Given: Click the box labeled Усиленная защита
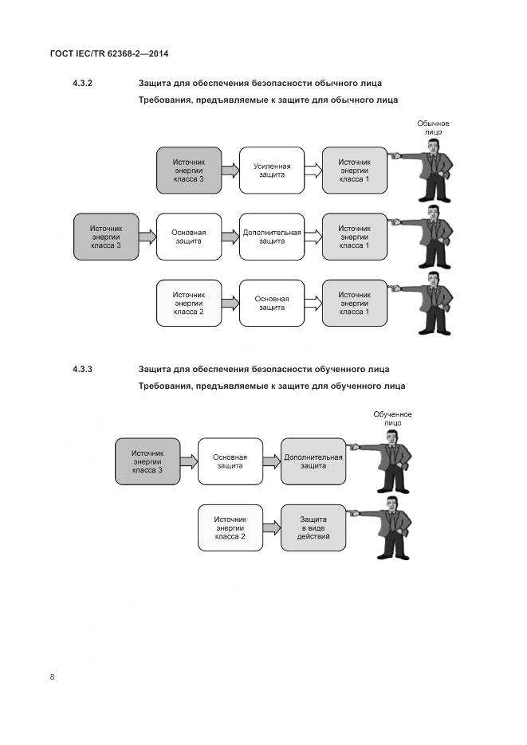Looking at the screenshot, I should click(272, 170).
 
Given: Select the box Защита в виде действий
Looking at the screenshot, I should click(313, 527).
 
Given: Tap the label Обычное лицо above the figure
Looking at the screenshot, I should click(434, 127).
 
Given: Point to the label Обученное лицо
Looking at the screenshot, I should click(392, 418).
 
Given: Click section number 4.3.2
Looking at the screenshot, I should click(83, 83).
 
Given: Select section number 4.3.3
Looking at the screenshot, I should click(83, 369).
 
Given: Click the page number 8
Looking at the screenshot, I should click(53, 677).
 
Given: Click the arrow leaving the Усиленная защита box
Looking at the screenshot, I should click(313, 170).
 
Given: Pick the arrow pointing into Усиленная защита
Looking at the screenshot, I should click(231, 170).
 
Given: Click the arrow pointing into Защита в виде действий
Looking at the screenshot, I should click(272, 527).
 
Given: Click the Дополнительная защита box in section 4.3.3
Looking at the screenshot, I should click(313, 461).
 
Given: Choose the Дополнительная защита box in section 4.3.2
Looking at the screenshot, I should click(272, 237).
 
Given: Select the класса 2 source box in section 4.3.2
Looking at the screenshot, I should click(189, 303).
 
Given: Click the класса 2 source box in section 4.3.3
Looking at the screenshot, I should click(230, 527).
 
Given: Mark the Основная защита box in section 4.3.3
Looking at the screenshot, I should click(230, 461).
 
